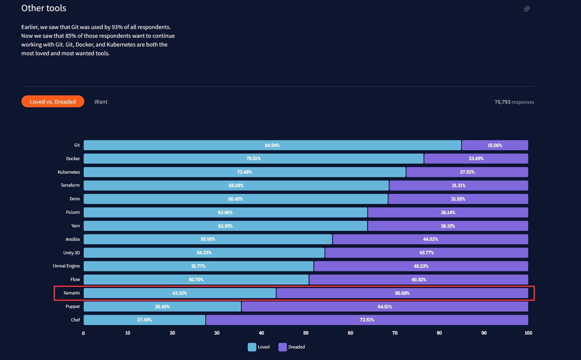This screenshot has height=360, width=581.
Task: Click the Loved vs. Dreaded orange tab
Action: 53,102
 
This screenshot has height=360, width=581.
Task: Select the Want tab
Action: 101,102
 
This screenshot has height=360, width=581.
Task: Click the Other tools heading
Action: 44,8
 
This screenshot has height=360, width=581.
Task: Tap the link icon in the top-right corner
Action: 527,9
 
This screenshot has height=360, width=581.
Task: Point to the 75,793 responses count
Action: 514,102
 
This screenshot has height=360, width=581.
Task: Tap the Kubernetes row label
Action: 69,172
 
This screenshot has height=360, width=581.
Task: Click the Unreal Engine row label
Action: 66,266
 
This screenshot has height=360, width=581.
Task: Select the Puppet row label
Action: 73,306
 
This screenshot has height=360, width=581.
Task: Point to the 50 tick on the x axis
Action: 306,333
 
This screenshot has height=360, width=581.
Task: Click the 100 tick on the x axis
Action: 528,333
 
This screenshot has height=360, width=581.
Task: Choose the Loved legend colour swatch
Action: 252,347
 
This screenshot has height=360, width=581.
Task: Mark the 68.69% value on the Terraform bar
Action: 236,186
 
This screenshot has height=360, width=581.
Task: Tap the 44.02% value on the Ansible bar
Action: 430,239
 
